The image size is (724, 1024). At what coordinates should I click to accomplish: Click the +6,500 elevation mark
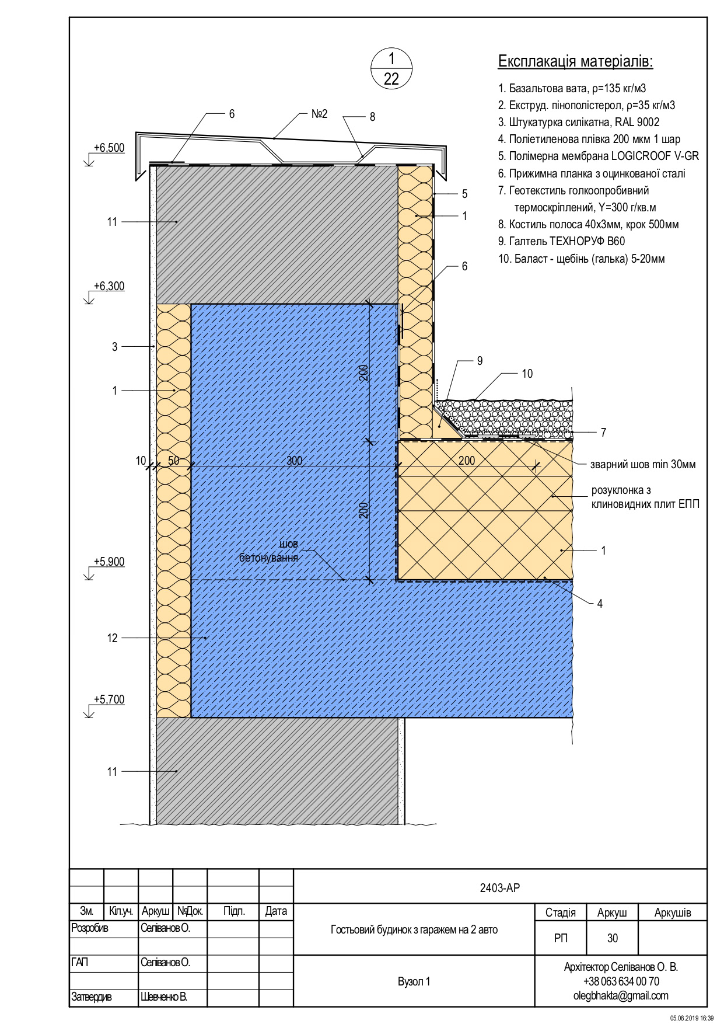coord(109,148)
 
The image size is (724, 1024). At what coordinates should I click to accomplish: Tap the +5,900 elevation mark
coord(109,562)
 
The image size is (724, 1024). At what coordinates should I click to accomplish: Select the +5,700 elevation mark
coord(109,700)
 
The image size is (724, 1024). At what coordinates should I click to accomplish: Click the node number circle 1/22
coord(391,69)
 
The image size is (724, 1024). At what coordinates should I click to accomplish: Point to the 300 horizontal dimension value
coord(294,461)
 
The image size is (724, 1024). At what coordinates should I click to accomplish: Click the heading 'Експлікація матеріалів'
coord(575,62)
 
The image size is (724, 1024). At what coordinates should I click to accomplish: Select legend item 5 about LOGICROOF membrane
coord(599,156)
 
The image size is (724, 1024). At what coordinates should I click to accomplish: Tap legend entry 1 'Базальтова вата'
coord(572,89)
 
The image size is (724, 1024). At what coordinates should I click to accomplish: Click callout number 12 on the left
coord(113,639)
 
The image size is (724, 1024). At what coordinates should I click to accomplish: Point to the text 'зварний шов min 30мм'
coord(642,465)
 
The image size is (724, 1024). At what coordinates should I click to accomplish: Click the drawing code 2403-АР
coord(499,889)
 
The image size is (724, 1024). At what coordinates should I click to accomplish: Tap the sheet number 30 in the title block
coord(612,939)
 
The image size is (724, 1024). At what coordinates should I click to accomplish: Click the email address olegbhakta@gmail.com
coord(621,996)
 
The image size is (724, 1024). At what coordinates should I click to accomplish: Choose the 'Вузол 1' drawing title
coord(414,982)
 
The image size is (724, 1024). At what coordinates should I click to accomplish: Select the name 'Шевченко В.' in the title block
coord(164,997)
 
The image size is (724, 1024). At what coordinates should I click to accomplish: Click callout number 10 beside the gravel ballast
coord(527,374)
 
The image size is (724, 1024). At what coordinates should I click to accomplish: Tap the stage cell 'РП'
coord(560,939)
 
